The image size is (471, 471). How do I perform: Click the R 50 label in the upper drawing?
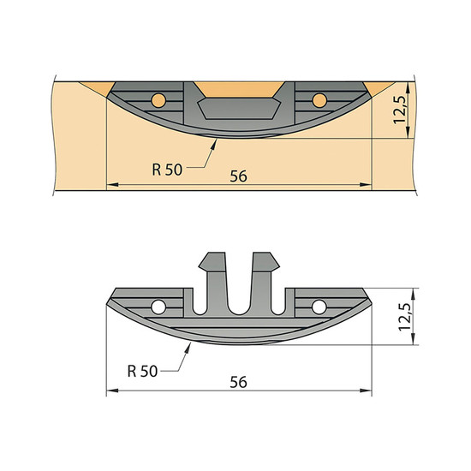coord(167,170)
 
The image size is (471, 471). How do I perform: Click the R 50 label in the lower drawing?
coord(142,372)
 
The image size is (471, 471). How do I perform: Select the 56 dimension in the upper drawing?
coord(239,176)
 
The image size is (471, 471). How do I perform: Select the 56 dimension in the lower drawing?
coord(239,382)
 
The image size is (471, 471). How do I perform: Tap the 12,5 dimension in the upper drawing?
coord(400,109)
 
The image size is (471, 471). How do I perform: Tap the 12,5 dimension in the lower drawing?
coord(404,317)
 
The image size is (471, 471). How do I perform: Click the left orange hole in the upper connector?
coord(158,100)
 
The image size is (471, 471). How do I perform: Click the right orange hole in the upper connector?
coord(319,100)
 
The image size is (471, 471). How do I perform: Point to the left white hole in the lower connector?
coord(158,307)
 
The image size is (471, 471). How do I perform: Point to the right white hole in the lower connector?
coord(319,307)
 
